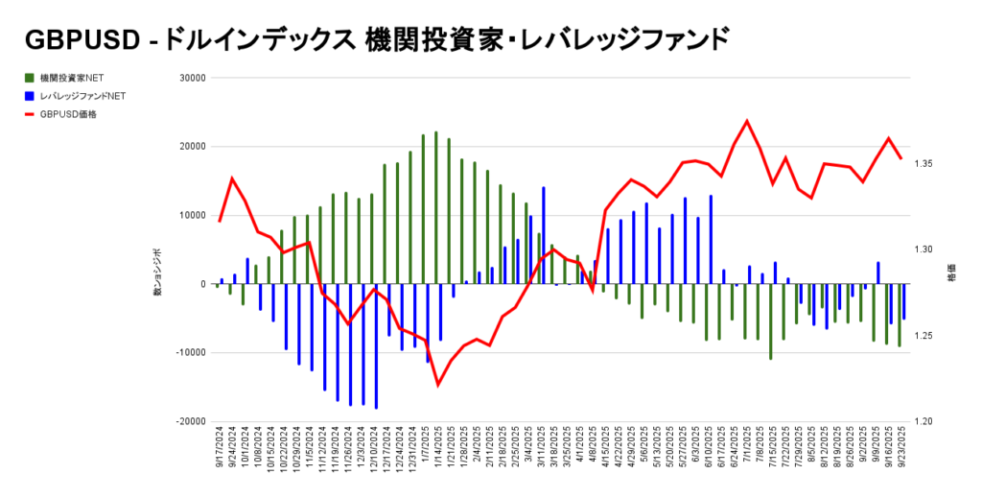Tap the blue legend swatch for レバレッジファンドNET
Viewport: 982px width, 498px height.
point(30,96)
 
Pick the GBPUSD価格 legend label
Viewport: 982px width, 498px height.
point(68,114)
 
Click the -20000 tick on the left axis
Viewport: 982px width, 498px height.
point(191,421)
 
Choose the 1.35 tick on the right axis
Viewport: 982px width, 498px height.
point(924,164)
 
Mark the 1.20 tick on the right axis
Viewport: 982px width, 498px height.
point(924,421)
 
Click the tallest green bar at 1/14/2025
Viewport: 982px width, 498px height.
point(436,207)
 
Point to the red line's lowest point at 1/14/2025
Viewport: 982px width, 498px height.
point(438,385)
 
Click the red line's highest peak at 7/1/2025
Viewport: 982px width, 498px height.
point(747,121)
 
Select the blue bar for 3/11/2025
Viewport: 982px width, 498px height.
point(543,235)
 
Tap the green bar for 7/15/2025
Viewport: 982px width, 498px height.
point(770,321)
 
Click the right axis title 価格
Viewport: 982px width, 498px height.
point(950,274)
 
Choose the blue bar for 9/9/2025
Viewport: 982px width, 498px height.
point(877,273)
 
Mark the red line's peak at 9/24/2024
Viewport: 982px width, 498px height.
point(232,178)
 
